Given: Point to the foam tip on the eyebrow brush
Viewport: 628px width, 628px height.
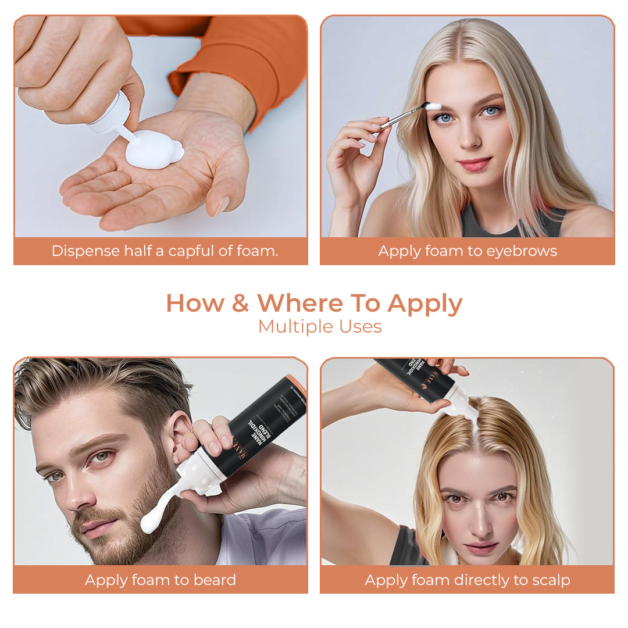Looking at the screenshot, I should point(434,106).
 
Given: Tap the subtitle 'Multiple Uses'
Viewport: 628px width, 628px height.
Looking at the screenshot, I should point(320,327).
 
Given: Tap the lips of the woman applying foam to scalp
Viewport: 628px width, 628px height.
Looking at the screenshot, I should point(480,548).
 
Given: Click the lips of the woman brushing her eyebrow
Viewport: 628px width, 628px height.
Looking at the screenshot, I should point(475,165).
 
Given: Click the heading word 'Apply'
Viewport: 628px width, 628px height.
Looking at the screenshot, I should point(424,304).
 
